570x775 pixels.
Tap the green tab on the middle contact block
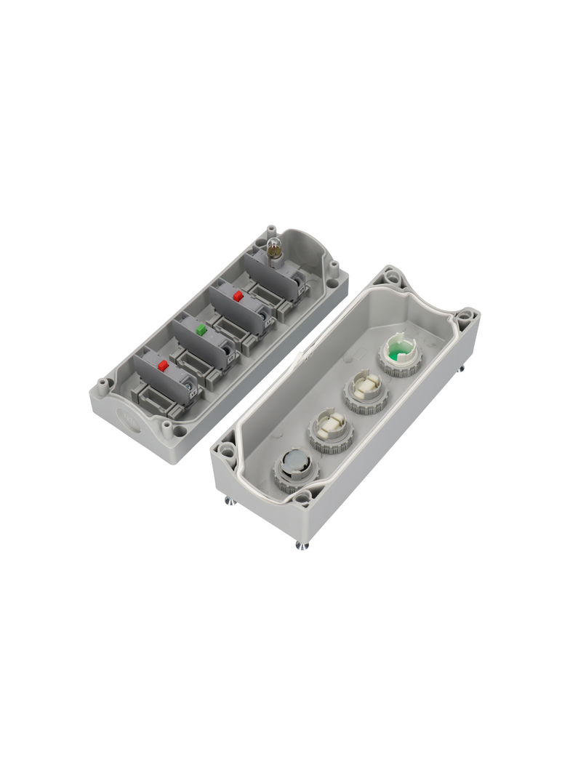coord(203,329)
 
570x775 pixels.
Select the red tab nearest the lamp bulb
coord(238,296)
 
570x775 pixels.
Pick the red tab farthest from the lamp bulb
coord(163,365)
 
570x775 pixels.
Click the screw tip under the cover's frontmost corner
coord(301,545)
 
